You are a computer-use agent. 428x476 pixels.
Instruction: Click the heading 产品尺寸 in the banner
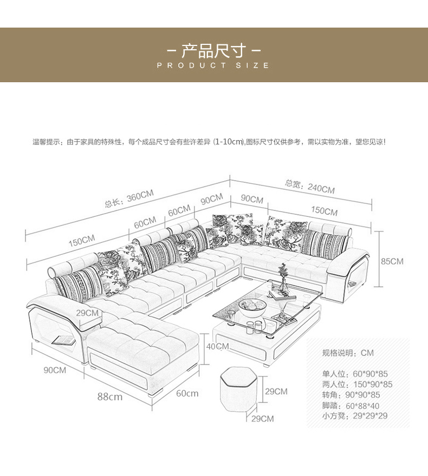(213, 51)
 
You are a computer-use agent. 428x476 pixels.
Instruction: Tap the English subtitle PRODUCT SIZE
(213, 65)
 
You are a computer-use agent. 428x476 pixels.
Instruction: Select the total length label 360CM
(129, 199)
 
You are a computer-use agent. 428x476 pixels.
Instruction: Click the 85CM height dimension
(392, 261)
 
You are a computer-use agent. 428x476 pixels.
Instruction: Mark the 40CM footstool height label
(218, 346)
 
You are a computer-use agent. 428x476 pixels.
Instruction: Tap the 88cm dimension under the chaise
(110, 396)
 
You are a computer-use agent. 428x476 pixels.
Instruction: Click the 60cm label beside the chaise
(187, 393)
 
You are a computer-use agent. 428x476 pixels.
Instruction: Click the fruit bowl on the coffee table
(251, 307)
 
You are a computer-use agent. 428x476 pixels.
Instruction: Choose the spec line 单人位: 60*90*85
(355, 374)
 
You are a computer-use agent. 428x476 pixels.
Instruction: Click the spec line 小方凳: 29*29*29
(355, 416)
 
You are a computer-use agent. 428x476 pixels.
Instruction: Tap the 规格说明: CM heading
(348, 353)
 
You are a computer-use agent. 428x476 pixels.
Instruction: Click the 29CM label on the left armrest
(87, 313)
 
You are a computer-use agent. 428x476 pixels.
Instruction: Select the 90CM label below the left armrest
(55, 370)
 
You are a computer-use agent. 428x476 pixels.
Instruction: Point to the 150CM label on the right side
(324, 210)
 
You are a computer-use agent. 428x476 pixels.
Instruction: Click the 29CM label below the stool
(263, 418)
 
